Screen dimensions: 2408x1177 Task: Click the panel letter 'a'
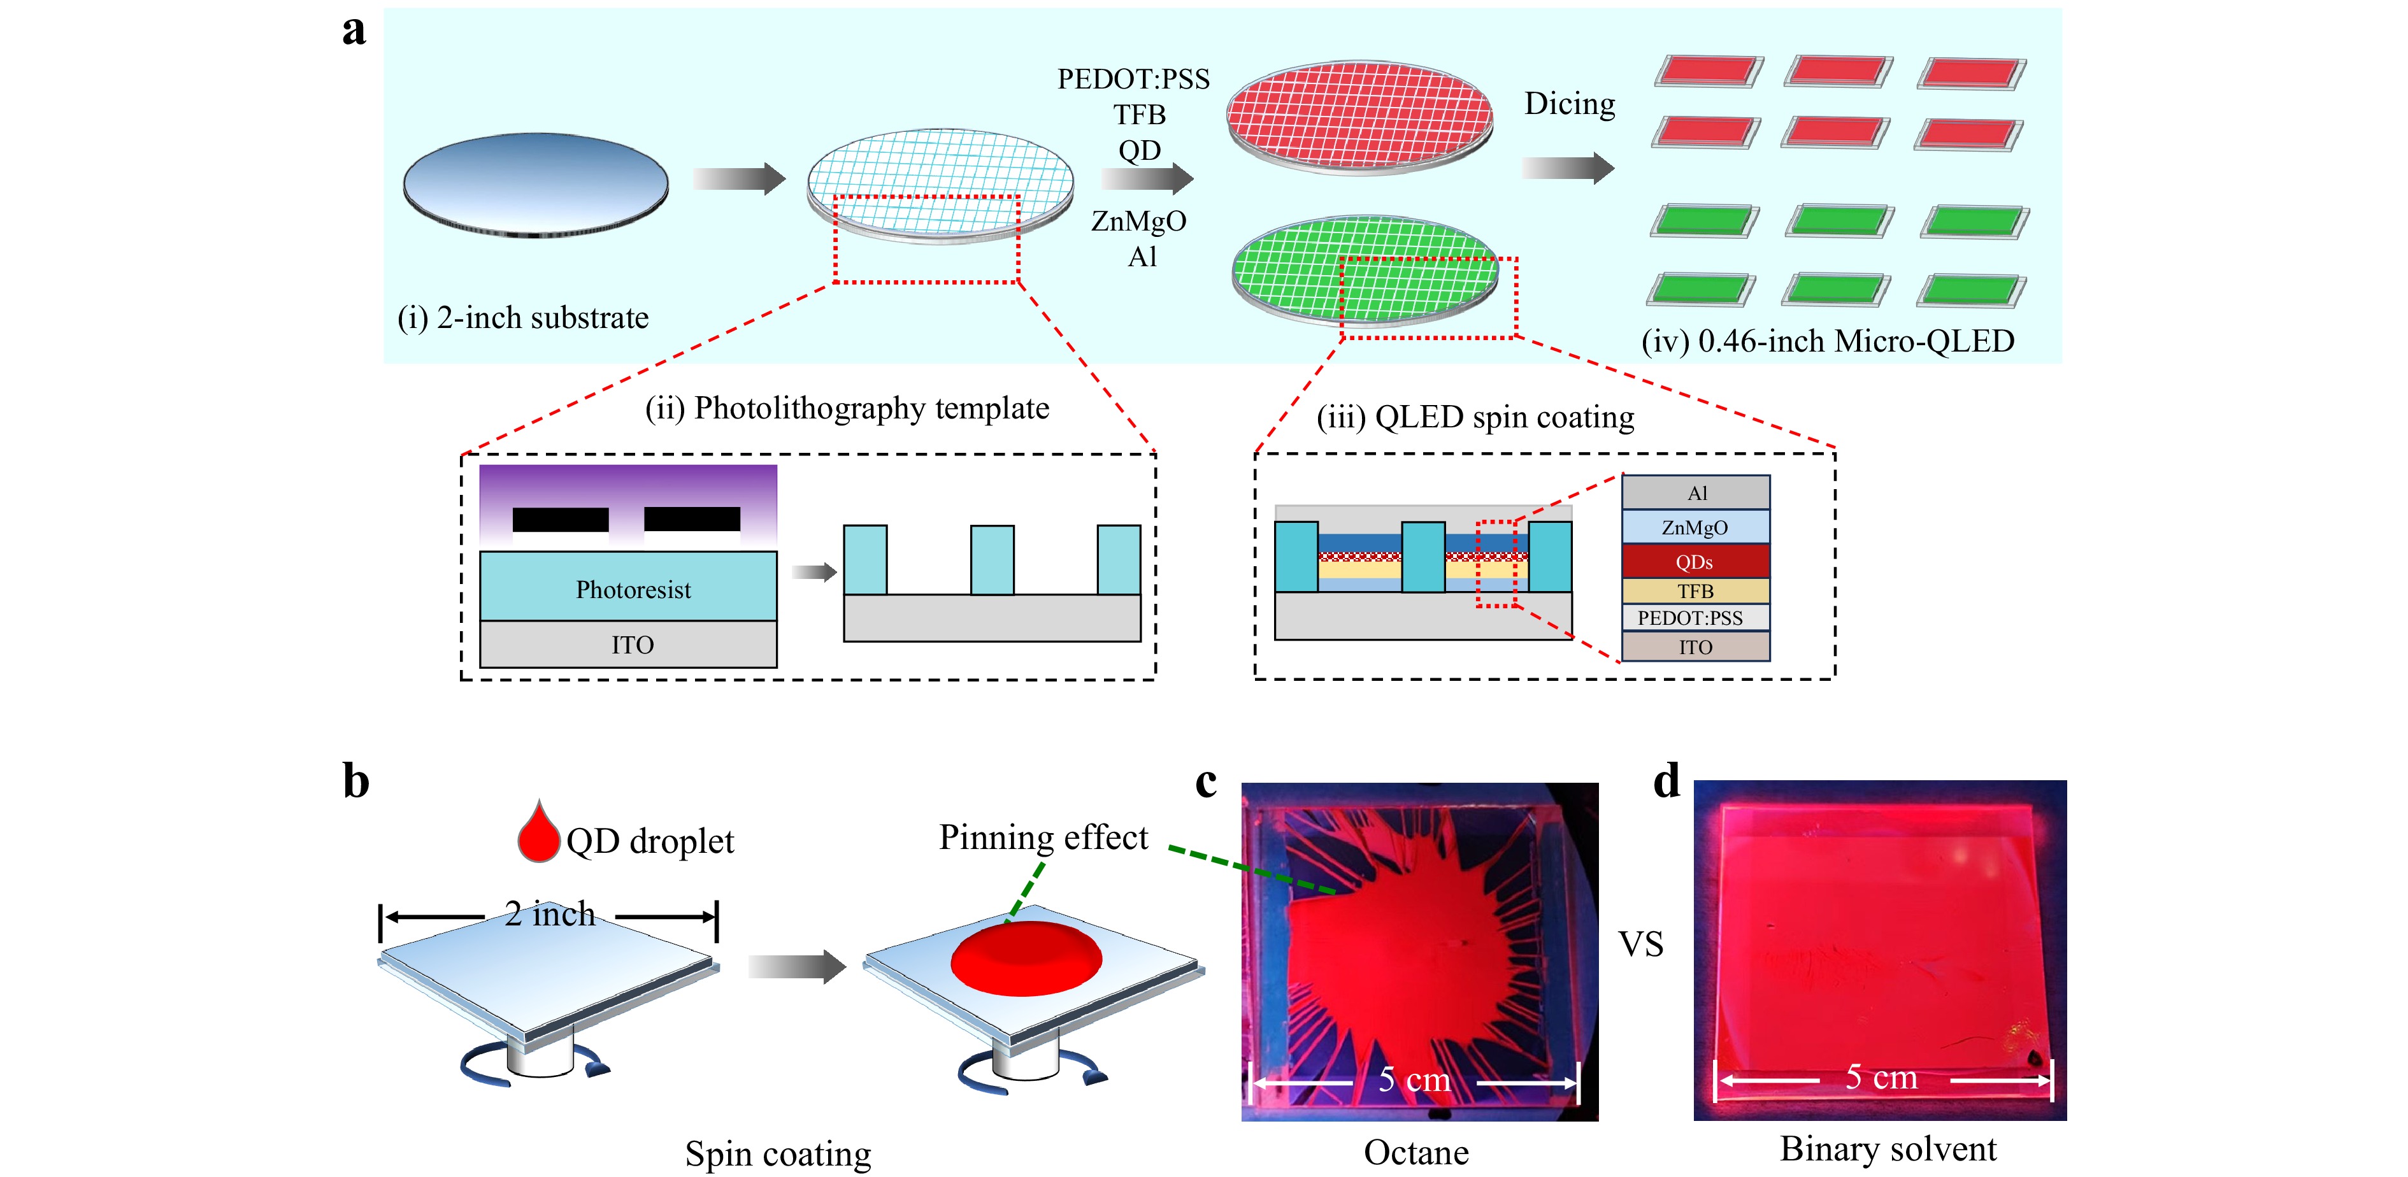click(x=354, y=31)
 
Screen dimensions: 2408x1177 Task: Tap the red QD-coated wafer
click(x=1359, y=116)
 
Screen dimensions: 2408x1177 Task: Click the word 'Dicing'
click(x=1570, y=104)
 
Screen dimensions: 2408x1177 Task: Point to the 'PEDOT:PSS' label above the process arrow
click(x=1133, y=78)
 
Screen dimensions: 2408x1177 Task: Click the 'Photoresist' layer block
click(x=628, y=586)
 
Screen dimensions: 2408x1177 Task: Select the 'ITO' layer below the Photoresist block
click(x=628, y=644)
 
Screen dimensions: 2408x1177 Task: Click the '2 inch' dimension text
click(x=550, y=913)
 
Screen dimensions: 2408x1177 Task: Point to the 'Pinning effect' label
click(x=1043, y=838)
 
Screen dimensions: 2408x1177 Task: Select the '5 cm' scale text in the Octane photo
click(x=1414, y=1080)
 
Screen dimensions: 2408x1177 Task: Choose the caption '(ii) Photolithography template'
click(x=847, y=408)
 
